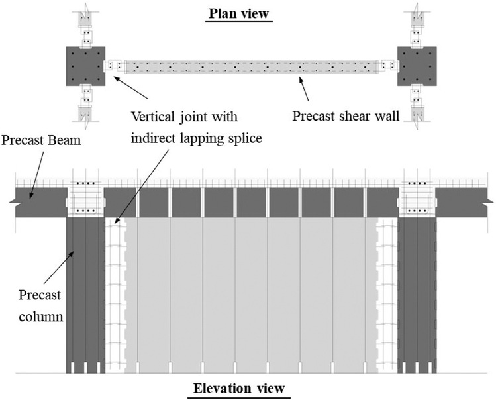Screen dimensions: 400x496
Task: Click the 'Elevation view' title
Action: tap(239, 387)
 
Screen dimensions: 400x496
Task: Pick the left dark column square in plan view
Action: tap(85, 66)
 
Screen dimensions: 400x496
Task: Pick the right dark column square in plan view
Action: tap(416, 66)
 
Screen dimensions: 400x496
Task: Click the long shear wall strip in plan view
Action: tap(252, 66)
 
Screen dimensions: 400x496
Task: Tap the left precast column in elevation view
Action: tap(85, 298)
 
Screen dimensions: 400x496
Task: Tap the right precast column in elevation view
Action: tap(416, 298)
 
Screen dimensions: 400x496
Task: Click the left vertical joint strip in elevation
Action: tap(116, 298)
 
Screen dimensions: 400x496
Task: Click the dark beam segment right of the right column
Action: tap(464, 202)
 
